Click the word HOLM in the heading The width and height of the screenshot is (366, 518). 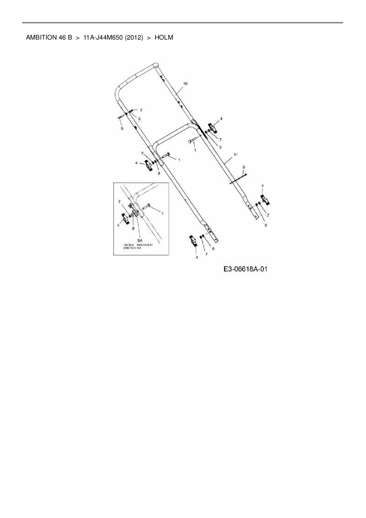pyautogui.click(x=164, y=38)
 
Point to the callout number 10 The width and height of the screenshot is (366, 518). pyautogui.click(x=185, y=84)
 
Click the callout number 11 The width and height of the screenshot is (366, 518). pyautogui.click(x=235, y=154)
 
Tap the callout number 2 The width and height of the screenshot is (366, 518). pyautogui.click(x=141, y=110)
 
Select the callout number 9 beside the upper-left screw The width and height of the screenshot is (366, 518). pyautogui.click(x=122, y=128)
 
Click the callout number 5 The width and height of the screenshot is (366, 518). pyautogui.click(x=244, y=167)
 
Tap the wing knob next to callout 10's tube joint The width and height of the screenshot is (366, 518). pyautogui.click(x=213, y=127)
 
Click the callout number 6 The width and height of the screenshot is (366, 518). pyautogui.click(x=139, y=119)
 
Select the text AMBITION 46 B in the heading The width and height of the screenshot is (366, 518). pyautogui.click(x=49, y=38)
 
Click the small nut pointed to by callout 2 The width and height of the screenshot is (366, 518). pyautogui.click(x=132, y=110)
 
